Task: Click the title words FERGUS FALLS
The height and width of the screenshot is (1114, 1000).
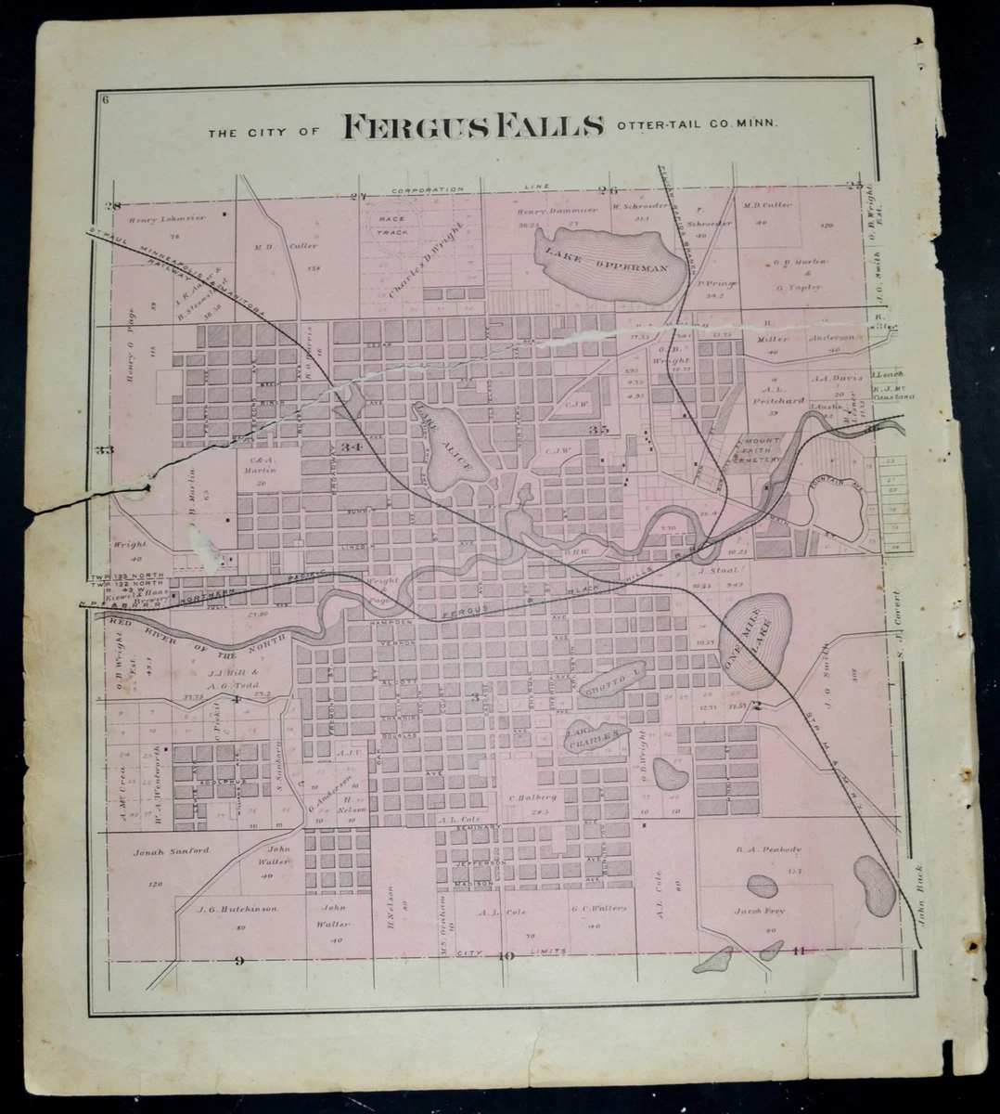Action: click(473, 128)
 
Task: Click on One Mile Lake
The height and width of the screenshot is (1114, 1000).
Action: click(757, 641)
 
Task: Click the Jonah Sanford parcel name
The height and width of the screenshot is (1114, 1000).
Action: click(172, 850)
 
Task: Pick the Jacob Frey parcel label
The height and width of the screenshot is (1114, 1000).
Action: click(761, 911)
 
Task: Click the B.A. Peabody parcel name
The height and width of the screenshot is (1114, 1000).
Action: click(762, 848)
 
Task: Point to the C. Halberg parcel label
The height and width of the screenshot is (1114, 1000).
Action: click(532, 797)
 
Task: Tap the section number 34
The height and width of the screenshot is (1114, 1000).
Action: click(351, 447)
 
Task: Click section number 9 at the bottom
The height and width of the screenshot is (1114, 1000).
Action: click(238, 960)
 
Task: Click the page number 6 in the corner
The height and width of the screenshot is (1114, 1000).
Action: click(108, 100)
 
